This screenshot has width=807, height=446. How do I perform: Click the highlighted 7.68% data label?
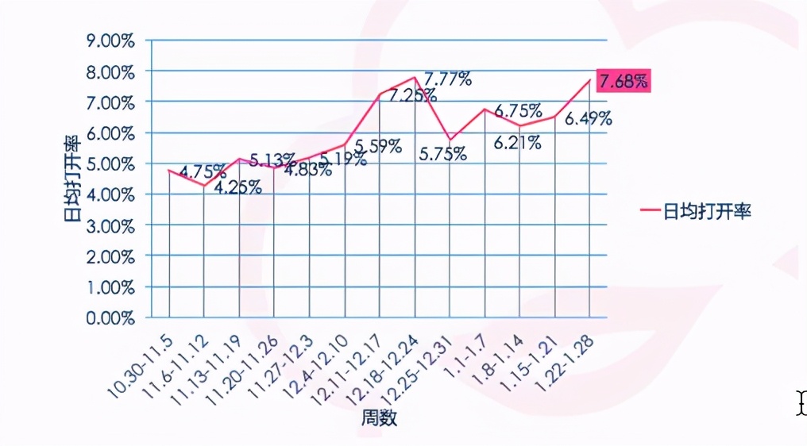(624, 81)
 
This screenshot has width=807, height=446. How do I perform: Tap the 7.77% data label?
(448, 79)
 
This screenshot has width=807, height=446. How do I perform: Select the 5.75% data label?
(443, 154)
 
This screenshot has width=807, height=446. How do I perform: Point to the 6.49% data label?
(588, 119)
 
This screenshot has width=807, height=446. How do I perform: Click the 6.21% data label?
(518, 143)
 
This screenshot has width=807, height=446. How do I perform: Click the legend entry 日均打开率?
(694, 211)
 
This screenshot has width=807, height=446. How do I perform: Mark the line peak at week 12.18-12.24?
(415, 78)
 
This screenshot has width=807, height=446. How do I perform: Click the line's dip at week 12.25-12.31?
(450, 140)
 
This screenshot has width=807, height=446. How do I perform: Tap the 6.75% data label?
(518, 111)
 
